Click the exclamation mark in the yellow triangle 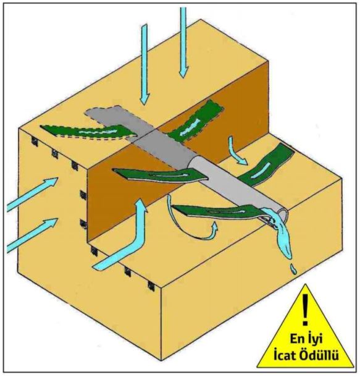tap(305, 310)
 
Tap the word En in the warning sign tap(297, 339)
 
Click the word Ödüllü tap(320, 354)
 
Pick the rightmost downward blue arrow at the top tap(183, 43)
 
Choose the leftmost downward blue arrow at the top tap(144, 64)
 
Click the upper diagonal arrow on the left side tap(32, 195)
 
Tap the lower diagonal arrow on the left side tap(32, 235)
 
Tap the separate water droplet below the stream tap(293, 269)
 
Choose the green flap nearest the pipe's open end tap(216, 211)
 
